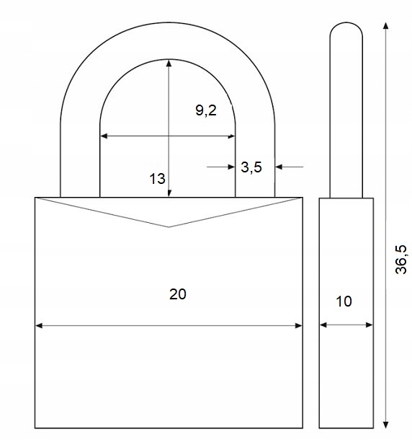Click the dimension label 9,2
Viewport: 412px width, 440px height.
tap(206, 110)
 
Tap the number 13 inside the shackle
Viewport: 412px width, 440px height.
tap(157, 179)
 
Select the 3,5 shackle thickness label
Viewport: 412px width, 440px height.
tap(251, 167)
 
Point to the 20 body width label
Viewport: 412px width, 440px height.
tap(178, 294)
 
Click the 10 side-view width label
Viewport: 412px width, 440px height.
tap(344, 302)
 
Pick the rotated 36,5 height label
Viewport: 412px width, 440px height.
tap(401, 259)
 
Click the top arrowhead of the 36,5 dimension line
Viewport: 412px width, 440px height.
tap(386, 26)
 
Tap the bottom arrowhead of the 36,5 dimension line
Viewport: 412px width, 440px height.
tap(386, 425)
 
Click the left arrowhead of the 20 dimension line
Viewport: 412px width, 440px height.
tap(39, 325)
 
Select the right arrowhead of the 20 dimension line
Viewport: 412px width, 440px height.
tap(299, 325)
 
